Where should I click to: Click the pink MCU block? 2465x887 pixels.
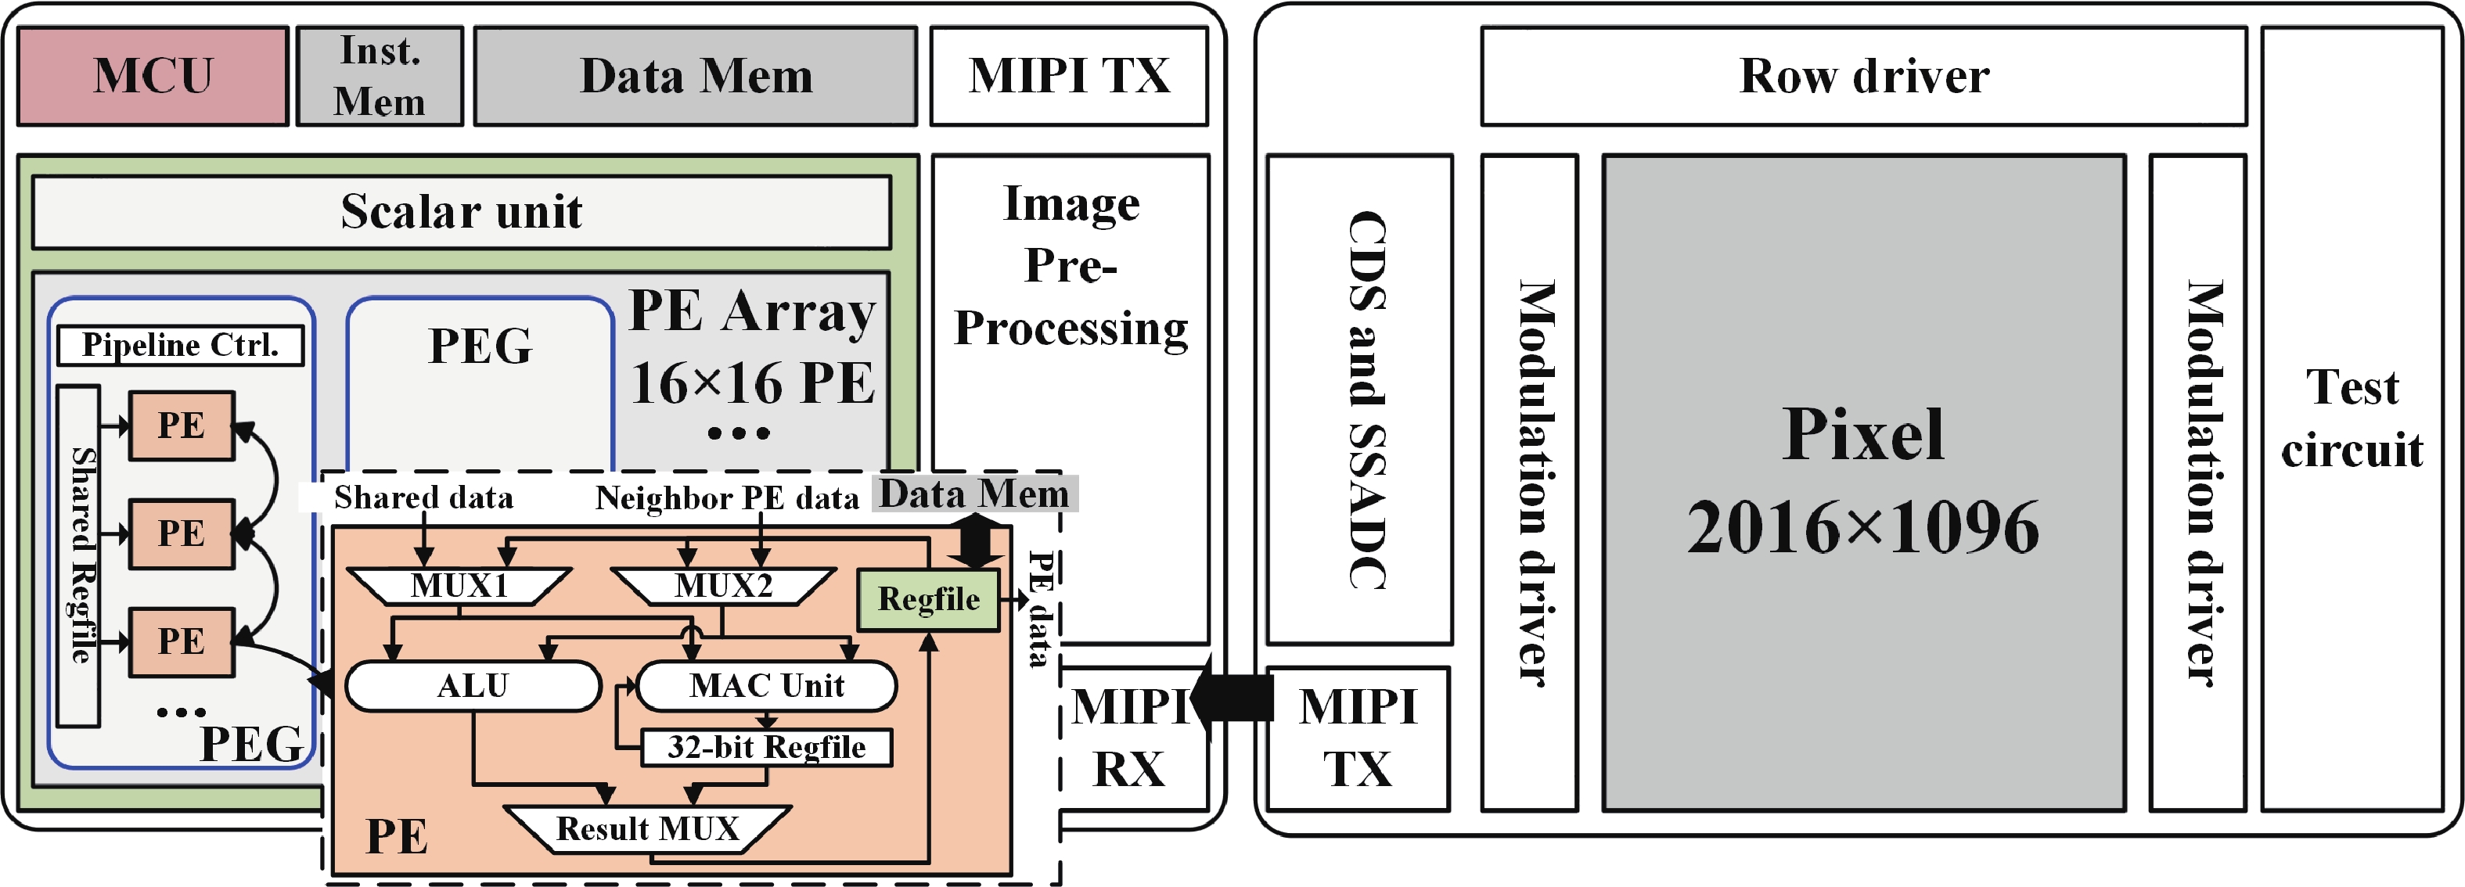pos(153,76)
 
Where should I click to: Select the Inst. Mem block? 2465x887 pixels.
pos(380,76)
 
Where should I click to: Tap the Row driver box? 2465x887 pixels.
pos(1863,76)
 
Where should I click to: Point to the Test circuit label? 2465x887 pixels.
pos(2352,418)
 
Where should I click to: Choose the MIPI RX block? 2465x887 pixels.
pos(1131,738)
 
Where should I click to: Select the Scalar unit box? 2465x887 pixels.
pos(461,211)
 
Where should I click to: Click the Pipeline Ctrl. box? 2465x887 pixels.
pos(180,344)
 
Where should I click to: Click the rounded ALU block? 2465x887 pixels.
pos(473,686)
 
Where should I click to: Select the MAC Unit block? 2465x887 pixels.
pos(766,686)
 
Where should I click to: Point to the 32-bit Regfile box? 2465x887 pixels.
pos(766,747)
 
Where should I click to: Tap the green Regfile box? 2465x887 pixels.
pos(928,600)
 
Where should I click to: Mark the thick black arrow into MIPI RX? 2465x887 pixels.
pos(1233,699)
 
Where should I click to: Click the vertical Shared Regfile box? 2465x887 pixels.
pos(79,555)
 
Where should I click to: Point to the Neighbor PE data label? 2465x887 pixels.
pos(727,498)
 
